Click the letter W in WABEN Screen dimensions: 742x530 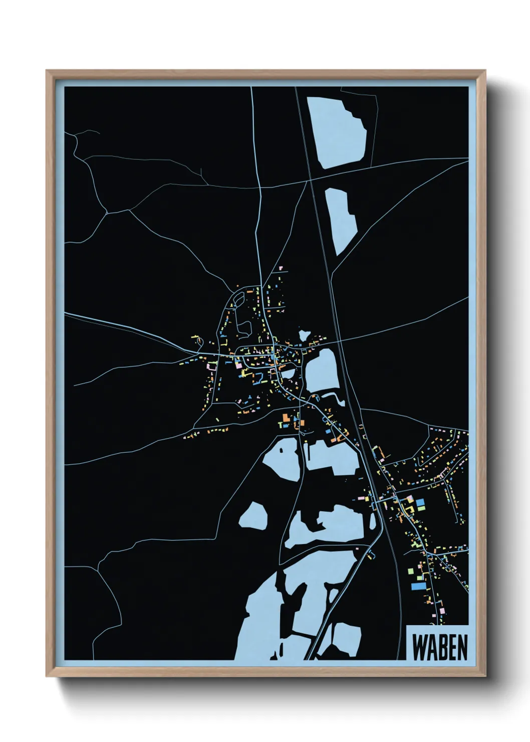419,648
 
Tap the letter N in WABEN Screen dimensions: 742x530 462,648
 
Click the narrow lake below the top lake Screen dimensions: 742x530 341,221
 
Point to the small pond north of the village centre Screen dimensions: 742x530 303,335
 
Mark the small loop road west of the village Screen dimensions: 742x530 199,341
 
